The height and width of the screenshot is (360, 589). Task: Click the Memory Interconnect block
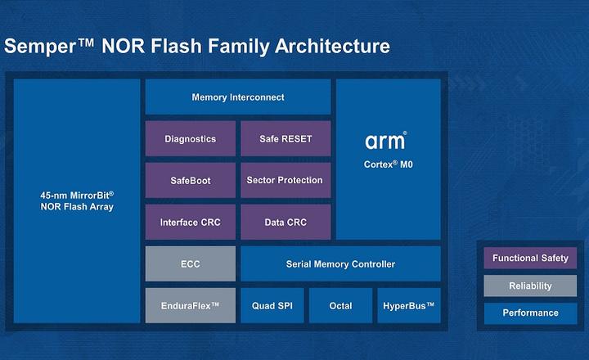click(238, 97)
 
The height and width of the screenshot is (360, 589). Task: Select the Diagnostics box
click(190, 139)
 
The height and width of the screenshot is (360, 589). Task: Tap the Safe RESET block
click(286, 139)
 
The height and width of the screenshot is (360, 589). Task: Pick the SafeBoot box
click(190, 180)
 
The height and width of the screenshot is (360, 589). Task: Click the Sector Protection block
click(286, 180)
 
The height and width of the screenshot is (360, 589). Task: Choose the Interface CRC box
click(190, 223)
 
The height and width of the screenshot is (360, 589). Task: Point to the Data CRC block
click(286, 223)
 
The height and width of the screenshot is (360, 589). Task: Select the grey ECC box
click(190, 264)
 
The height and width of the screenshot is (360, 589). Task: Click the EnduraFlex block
click(190, 306)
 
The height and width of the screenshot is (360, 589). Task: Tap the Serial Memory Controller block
click(340, 264)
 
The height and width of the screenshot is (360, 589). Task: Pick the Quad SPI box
click(272, 306)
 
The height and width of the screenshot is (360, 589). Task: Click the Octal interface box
click(340, 306)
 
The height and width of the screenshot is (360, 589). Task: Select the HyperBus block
click(408, 306)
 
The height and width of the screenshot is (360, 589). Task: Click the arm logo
click(385, 142)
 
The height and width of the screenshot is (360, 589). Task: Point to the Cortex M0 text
click(388, 164)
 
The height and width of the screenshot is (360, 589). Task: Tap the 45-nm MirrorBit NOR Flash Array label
click(77, 201)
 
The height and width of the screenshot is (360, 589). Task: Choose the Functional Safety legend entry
click(530, 259)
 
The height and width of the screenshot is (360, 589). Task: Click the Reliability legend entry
click(530, 286)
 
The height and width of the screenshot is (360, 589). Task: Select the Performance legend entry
click(530, 313)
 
